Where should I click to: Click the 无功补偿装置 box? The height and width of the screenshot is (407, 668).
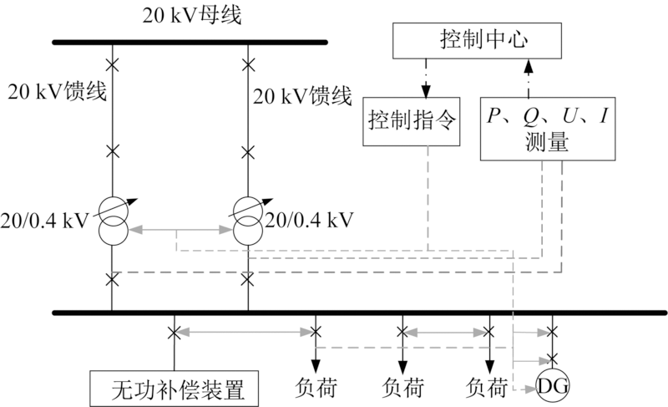tap(173, 389)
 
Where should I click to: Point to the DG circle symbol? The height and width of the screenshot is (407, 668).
tap(551, 385)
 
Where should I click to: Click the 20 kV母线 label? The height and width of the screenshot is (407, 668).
tap(190, 15)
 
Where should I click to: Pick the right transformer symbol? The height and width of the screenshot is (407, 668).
tap(249, 222)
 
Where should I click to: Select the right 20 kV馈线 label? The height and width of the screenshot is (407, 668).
tap(301, 96)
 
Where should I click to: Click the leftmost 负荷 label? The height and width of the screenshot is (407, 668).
tap(315, 388)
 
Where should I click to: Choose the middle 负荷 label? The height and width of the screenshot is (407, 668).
tap(402, 388)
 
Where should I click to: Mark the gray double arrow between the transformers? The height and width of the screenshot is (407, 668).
tap(180, 227)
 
